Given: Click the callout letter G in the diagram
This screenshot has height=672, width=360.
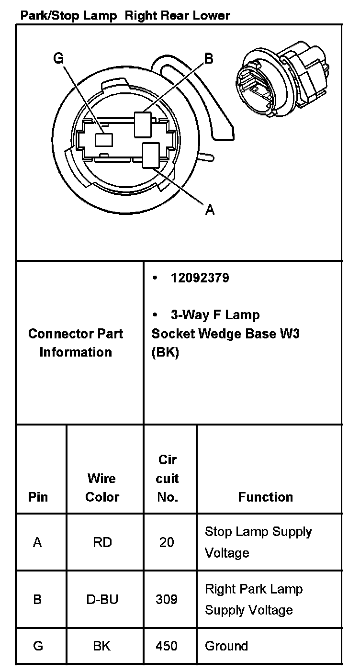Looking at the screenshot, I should click(58, 58).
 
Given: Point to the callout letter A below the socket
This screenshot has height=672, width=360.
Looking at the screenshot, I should click(209, 209).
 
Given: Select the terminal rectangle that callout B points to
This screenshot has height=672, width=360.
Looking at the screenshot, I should click(143, 123).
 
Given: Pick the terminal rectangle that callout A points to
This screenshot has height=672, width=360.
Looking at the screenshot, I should click(152, 156).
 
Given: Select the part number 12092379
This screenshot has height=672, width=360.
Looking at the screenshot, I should click(200, 278).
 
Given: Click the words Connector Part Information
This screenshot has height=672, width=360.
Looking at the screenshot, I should click(76, 343).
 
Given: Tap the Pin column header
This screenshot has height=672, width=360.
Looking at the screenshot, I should click(38, 497).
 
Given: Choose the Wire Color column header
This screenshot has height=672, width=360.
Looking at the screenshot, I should click(102, 487).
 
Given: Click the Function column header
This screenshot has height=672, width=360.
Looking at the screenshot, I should click(265, 497).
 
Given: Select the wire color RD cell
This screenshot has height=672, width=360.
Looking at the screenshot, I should click(102, 542).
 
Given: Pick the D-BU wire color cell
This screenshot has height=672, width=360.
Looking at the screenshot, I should click(102, 599).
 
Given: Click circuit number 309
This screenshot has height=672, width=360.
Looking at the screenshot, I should click(167, 599).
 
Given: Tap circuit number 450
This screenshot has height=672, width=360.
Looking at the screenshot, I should click(167, 646).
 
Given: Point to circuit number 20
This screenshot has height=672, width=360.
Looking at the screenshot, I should click(167, 542).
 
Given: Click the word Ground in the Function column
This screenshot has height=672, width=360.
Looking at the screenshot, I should click(226, 646).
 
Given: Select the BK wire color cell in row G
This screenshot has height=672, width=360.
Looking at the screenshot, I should click(102, 646).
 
